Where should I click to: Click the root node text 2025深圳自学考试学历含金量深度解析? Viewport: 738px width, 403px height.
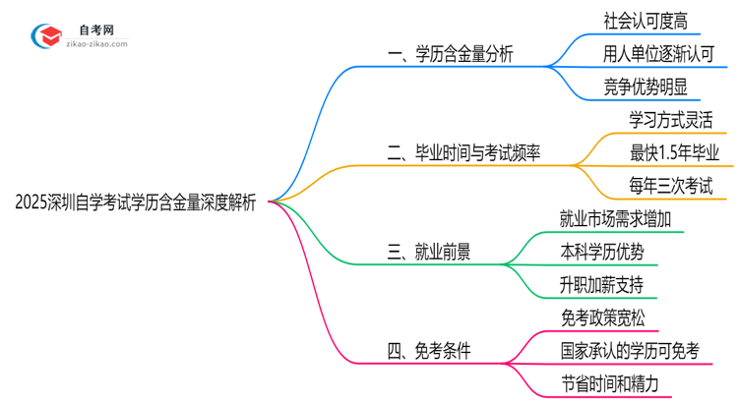point(136,202)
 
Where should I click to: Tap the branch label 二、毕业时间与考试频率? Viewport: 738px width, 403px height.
point(463,152)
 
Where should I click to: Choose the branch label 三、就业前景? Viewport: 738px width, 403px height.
point(428,252)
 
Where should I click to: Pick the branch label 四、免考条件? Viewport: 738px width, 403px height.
point(429,350)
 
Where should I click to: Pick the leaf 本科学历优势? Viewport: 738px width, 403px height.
point(598,252)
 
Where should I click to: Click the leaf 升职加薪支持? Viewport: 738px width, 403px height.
point(598,285)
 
